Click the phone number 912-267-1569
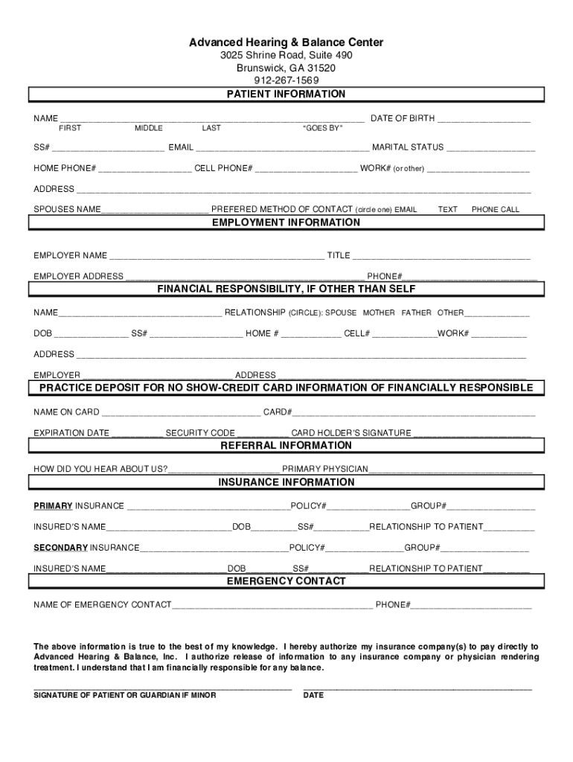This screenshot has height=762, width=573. (x=286, y=80)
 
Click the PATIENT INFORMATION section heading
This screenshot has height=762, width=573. (x=286, y=95)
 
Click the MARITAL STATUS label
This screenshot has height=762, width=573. (x=408, y=147)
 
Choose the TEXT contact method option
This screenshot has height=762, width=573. (x=448, y=210)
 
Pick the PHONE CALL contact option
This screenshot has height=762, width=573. (x=496, y=210)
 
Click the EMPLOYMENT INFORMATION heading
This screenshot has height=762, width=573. (x=286, y=222)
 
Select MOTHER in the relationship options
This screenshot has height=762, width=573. (x=379, y=313)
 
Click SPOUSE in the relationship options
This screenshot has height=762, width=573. (x=341, y=313)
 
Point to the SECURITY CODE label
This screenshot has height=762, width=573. (x=200, y=433)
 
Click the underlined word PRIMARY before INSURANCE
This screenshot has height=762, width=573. (x=53, y=506)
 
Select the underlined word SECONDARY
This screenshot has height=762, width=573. (x=61, y=548)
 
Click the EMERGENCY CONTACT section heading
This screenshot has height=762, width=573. (x=286, y=580)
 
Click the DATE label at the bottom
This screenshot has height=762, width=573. (x=313, y=695)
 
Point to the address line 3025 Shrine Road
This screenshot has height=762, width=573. (x=286, y=56)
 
